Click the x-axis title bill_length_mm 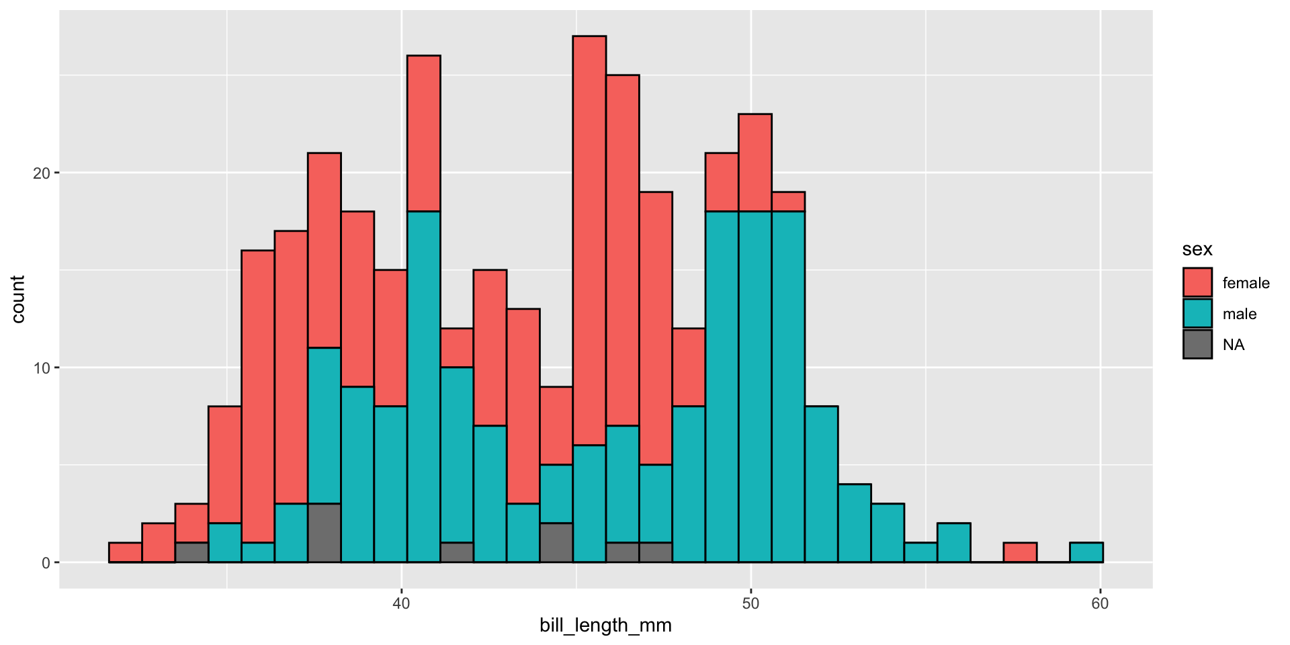point(605,626)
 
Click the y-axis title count point(17,299)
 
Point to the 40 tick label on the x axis point(401,603)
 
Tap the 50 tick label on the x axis point(750,603)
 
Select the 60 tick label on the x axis point(1100,603)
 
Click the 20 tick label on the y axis point(42,173)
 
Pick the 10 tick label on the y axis point(42,368)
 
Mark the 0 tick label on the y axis point(46,563)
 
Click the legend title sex point(1197,249)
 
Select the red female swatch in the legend point(1197,282)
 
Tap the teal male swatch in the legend point(1197,313)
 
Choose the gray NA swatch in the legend point(1197,344)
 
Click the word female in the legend point(1246,283)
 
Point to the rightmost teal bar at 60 point(1086,552)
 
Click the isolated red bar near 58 point(1020,552)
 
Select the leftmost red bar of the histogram point(125,552)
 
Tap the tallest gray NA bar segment point(324,532)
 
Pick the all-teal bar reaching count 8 point(821,484)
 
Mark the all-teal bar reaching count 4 point(854,523)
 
